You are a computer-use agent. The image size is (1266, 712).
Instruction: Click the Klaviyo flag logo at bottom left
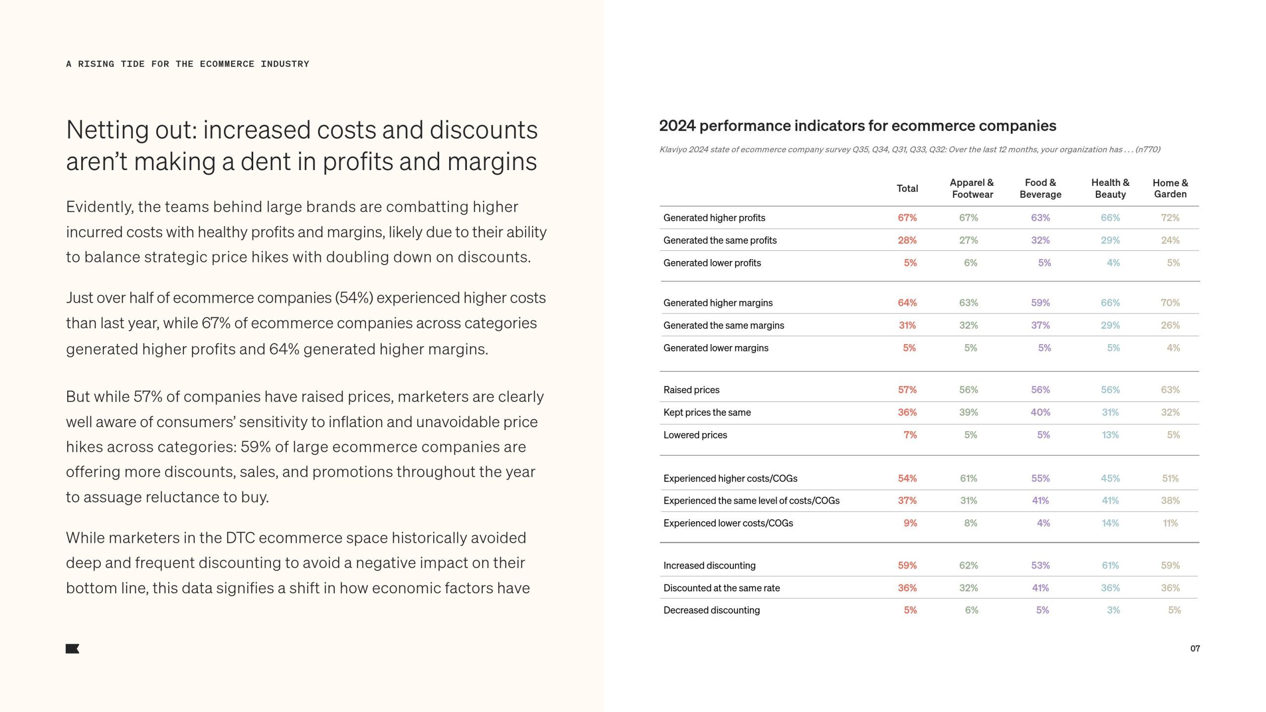coord(72,649)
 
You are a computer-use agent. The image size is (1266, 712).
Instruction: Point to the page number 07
coord(1195,648)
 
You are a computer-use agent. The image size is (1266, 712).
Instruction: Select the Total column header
coord(907,188)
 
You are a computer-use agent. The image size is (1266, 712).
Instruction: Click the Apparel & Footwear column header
coord(972,188)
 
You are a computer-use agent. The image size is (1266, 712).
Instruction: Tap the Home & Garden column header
coord(1170,188)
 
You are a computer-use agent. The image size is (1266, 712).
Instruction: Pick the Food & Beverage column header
coord(1040,188)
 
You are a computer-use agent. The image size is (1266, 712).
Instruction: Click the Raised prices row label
coord(691,390)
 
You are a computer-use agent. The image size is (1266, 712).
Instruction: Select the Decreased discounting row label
coord(712,610)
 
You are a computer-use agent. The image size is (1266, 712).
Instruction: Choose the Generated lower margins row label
coord(716,348)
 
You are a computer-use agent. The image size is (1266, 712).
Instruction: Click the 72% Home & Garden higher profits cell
coord(1170,218)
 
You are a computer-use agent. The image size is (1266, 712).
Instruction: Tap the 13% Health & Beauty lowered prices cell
coord(1110,435)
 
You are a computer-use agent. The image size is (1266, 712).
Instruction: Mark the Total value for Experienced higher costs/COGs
coord(907,478)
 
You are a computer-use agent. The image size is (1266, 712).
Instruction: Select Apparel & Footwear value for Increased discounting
coord(968,565)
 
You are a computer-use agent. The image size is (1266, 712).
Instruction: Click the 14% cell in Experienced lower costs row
coord(1110,523)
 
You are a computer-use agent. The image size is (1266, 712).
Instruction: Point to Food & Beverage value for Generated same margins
coord(1040,325)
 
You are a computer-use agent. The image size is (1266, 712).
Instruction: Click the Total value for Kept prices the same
coord(907,412)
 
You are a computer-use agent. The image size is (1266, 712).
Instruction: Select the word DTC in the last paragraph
coord(240,538)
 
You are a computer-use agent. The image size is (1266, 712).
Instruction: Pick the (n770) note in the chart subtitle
coord(1147,149)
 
